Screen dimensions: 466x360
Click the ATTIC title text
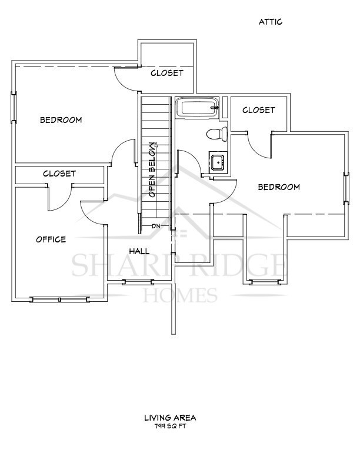(x=271, y=22)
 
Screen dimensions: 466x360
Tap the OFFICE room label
(x=51, y=239)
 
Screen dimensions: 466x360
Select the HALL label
(x=139, y=251)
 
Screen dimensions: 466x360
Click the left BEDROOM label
(x=61, y=120)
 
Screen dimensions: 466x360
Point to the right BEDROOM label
(x=279, y=187)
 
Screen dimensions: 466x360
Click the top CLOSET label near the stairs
(x=167, y=74)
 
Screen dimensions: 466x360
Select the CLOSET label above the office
(x=59, y=174)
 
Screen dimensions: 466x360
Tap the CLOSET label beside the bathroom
(x=258, y=110)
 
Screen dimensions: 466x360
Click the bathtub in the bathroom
(x=198, y=108)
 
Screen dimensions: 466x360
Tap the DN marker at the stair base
(x=156, y=226)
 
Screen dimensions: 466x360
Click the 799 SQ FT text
(x=170, y=426)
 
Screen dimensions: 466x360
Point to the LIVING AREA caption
(x=170, y=418)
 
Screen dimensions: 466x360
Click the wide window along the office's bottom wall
(x=60, y=299)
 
